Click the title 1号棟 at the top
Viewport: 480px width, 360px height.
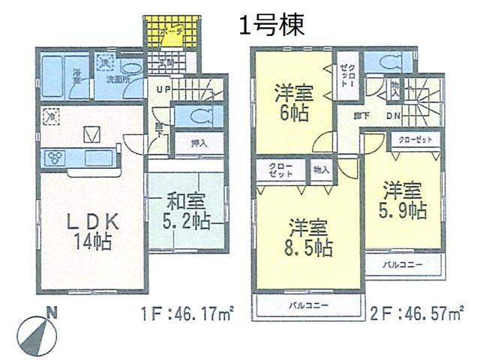(271, 26)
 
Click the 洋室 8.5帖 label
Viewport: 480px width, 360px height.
(308, 237)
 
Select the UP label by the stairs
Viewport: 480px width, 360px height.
(162, 91)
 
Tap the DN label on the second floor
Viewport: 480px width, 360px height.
(393, 116)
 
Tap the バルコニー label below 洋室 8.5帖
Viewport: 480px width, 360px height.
(307, 304)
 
